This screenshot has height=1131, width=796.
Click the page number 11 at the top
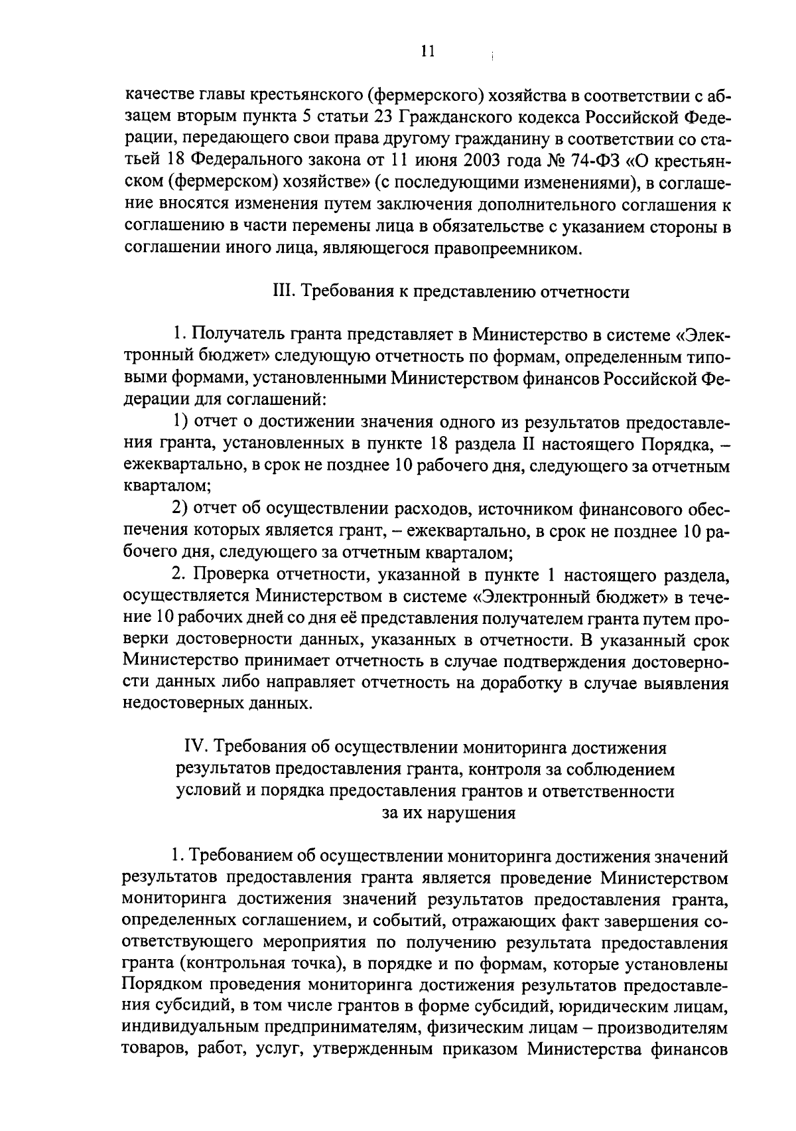pyautogui.click(x=427, y=52)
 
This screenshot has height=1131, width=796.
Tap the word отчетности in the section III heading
pyautogui.click(x=586, y=292)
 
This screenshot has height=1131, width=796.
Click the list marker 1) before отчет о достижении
pyautogui.click(x=182, y=421)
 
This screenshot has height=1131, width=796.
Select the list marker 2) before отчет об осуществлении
pyautogui.click(x=182, y=509)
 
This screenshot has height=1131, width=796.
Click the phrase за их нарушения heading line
pyautogui.click(x=449, y=812)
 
